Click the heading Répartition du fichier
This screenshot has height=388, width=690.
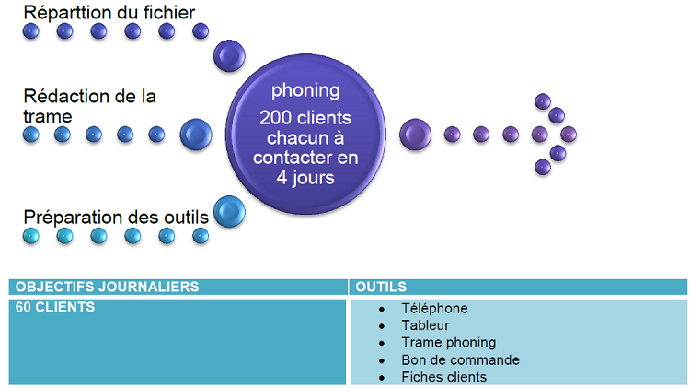[109, 12]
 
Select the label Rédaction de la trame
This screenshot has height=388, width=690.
[89, 106]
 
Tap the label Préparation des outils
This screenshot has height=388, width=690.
[116, 218]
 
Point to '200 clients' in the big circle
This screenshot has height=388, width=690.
[305, 118]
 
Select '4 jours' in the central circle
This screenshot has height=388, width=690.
[305, 177]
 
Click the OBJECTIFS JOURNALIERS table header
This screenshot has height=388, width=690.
[107, 287]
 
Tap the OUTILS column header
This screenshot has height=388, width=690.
[381, 287]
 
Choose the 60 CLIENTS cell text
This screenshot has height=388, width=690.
[55, 307]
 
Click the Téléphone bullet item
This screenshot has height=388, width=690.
[434, 308]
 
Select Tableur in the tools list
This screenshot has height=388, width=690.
[425, 325]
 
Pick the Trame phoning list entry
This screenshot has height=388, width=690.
[448, 342]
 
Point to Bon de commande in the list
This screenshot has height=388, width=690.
[460, 359]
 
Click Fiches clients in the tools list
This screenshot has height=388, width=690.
[443, 377]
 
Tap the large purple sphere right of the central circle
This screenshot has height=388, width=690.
[416, 135]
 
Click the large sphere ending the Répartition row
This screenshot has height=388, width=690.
[229, 55]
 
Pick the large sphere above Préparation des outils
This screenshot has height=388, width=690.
[229, 211]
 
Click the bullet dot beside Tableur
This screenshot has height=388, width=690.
[382, 325]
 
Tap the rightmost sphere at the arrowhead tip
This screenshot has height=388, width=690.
[568, 135]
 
